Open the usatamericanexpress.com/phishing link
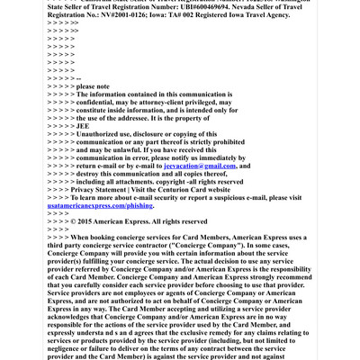point(100,205)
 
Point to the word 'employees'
point(148,292)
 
